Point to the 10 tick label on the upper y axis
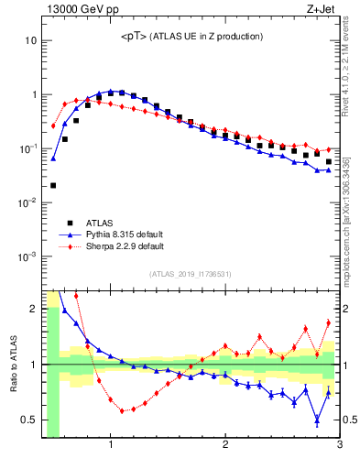pyautogui.click(x=29, y=41)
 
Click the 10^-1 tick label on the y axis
pyautogui.click(x=27, y=148)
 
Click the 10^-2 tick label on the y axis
pyautogui.click(x=27, y=202)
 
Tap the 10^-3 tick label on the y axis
pyautogui.click(x=27, y=256)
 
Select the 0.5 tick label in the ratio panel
pyautogui.click(x=28, y=420)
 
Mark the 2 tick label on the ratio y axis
pyautogui.click(x=33, y=309)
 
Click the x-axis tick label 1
pyautogui.click(x=111, y=446)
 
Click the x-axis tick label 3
pyautogui.click(x=339, y=446)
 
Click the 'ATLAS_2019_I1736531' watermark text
pyautogui.click(x=191, y=274)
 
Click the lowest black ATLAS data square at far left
pyautogui.click(x=53, y=185)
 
